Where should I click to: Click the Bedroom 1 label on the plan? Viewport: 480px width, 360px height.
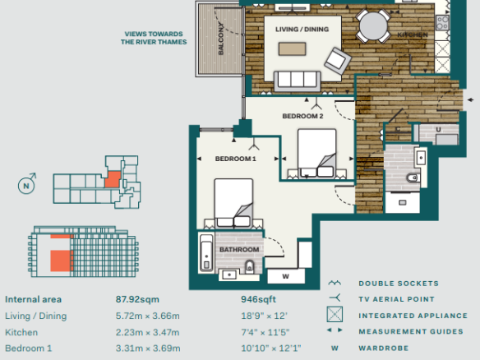tap(235, 159)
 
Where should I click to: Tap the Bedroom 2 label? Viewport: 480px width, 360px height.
tap(302, 116)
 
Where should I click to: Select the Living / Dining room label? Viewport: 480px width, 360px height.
tap(302, 30)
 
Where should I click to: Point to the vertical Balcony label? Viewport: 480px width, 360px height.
tap(221, 39)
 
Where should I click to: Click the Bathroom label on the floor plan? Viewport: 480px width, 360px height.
tap(239, 250)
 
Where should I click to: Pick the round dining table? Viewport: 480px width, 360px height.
tap(373, 26)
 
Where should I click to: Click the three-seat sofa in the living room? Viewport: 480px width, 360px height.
tap(298, 81)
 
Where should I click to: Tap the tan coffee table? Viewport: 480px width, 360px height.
tap(292, 49)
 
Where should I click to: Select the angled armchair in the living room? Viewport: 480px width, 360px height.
tap(338, 61)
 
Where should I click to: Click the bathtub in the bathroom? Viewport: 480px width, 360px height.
tap(206, 252)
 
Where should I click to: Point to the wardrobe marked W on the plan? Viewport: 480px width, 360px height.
tap(286, 276)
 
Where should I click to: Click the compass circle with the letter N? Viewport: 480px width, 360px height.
tap(26, 186)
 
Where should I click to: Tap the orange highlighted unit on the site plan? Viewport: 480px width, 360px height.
tap(113, 179)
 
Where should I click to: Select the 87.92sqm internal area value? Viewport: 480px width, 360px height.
tap(137, 299)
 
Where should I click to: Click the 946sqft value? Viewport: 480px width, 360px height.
tap(258, 299)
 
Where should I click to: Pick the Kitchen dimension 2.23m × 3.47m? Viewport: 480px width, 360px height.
tap(148, 332)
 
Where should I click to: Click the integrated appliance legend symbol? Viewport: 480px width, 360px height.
tap(335, 315)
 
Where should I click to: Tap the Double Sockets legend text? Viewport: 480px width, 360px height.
tap(399, 284)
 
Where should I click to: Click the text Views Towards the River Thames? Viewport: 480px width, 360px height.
tap(154, 38)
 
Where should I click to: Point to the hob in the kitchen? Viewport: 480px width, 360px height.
tap(442, 23)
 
